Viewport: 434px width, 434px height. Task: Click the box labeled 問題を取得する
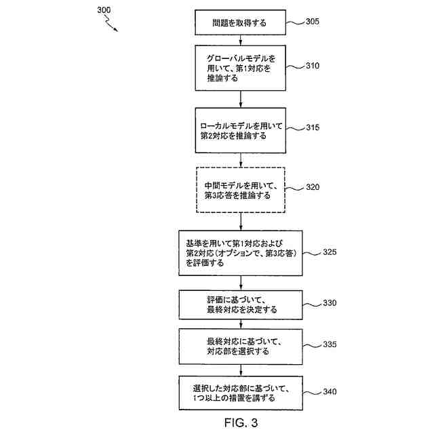tap(239, 23)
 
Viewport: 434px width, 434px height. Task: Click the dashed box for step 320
tap(239, 189)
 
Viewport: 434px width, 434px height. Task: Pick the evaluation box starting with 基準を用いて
tap(239, 253)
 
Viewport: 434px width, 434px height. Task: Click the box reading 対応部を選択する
tap(239, 346)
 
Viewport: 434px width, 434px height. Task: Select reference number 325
tap(330, 252)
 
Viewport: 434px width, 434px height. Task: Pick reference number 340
tap(330, 391)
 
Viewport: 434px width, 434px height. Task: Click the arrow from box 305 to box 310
tap(239, 40)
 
